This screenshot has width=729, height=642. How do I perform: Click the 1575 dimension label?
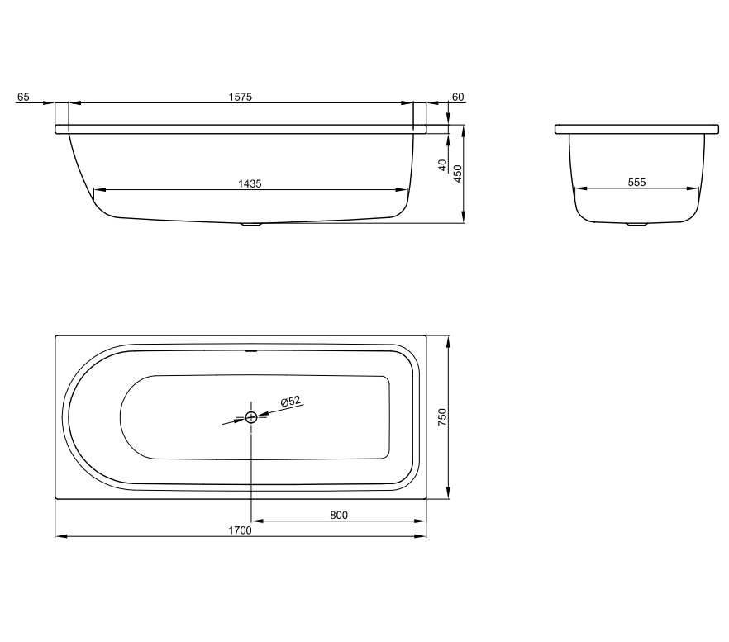[x=241, y=97]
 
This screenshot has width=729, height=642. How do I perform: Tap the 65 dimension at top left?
[x=23, y=97]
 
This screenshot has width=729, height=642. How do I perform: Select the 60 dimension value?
[x=458, y=97]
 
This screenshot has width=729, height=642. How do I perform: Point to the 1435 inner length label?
[x=250, y=183]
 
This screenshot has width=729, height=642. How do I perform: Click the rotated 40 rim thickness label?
[x=443, y=165]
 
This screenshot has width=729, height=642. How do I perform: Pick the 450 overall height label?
[x=458, y=174]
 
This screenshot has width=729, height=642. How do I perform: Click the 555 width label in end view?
[x=637, y=183]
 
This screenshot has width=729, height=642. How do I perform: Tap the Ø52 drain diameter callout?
[x=291, y=402]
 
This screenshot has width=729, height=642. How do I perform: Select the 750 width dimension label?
[x=442, y=417]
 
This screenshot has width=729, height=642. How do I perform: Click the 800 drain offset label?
[x=339, y=515]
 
